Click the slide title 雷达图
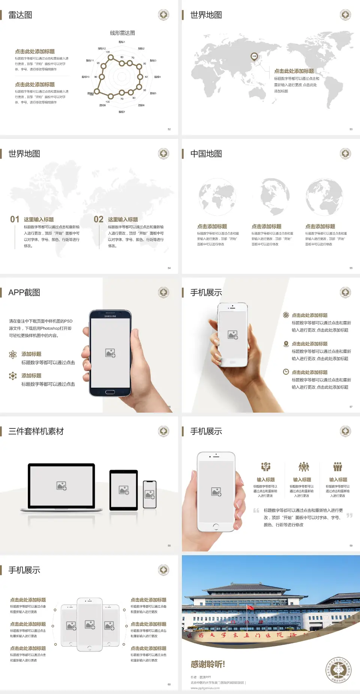coord(20,15)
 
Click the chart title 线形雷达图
coord(122,33)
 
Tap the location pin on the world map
coord(254,56)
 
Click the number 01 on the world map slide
coord(15,219)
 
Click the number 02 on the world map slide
coord(99,219)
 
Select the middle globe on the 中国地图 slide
coord(275,197)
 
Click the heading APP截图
coord(24,293)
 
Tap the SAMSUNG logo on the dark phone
coord(110,316)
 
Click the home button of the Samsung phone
coord(110,392)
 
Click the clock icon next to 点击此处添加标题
coord(286,372)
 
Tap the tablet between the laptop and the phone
coord(124,490)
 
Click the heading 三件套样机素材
coord(36,431)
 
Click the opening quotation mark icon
coord(256,511)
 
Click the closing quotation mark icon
coord(349,515)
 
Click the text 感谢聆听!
coord(208,664)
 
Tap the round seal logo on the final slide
coord(338,670)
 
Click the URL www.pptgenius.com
coord(205,688)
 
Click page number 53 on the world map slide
coord(351,129)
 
